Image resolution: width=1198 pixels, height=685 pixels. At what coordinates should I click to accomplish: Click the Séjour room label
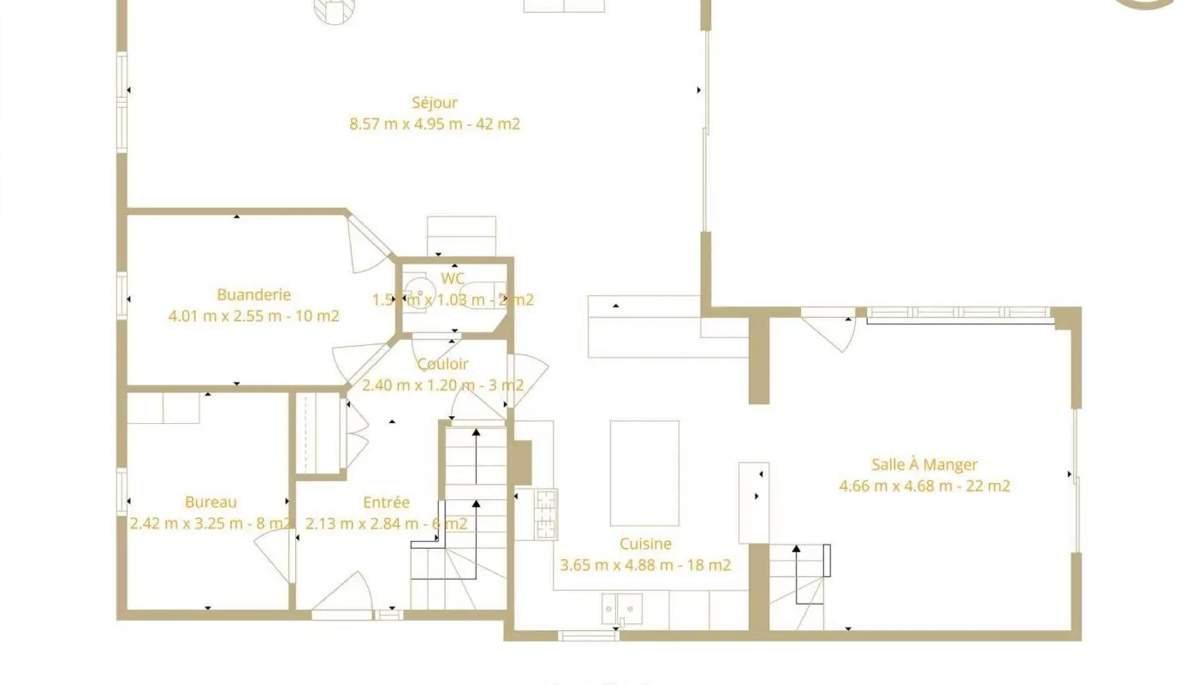[435, 103]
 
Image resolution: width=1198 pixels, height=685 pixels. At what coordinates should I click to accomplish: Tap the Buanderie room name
[254, 295]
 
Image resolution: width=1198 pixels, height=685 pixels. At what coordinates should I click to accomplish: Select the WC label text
[453, 278]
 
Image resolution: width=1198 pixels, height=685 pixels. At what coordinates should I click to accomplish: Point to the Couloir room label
[442, 364]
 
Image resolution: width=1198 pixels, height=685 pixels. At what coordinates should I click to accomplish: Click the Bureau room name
[211, 503]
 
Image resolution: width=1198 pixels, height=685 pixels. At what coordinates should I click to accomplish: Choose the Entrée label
[386, 503]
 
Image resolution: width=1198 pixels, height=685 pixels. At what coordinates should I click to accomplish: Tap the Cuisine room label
[645, 544]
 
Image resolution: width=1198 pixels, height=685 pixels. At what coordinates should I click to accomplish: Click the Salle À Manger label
[924, 465]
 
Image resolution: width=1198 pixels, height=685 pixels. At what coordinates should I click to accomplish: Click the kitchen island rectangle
[644, 473]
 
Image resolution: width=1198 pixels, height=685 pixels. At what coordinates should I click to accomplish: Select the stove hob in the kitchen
[547, 514]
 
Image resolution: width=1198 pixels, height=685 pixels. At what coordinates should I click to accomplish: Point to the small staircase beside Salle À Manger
[799, 587]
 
